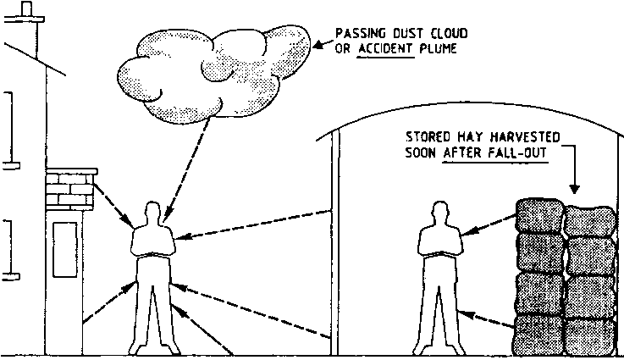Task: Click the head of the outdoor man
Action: [153, 213]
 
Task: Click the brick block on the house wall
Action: [69, 185]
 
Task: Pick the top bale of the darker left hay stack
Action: [537, 217]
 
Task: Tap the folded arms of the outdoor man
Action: [153, 249]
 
